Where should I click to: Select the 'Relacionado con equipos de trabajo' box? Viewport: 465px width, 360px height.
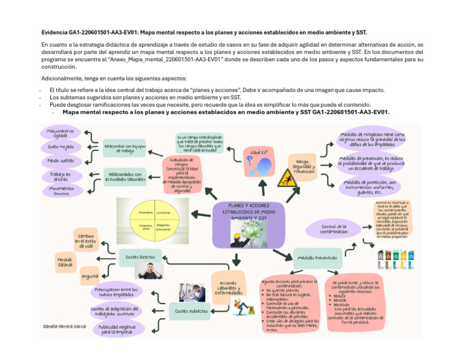coord(125,147)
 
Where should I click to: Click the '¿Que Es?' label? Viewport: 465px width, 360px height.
coord(255,152)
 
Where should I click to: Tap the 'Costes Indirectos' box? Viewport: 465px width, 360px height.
coord(191,311)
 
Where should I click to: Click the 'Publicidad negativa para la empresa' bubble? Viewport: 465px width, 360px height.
coord(121,329)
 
